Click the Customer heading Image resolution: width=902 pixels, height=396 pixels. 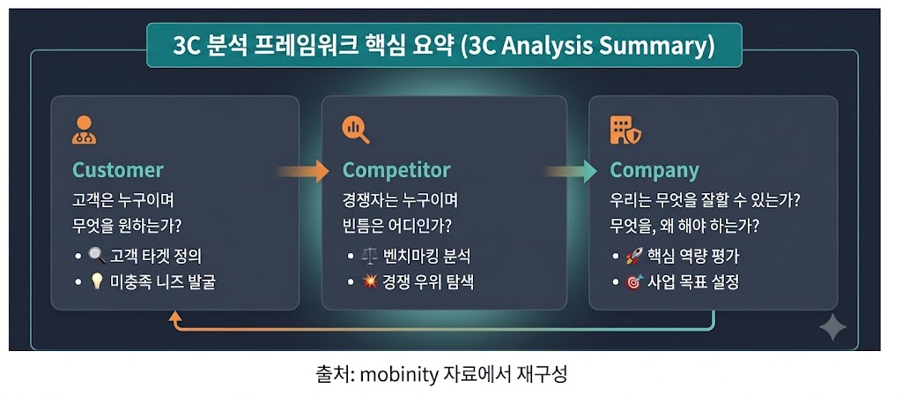(x=118, y=170)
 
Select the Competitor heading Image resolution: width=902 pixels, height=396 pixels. (x=396, y=170)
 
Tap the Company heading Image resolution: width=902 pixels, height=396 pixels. (x=654, y=171)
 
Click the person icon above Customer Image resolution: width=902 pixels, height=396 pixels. (x=84, y=130)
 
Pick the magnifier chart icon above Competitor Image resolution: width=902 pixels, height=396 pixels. (x=356, y=130)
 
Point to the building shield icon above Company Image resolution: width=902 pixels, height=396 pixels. (x=626, y=130)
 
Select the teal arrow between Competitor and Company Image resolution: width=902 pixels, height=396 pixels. (x=571, y=171)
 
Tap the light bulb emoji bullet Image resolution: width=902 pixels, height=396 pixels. (x=97, y=282)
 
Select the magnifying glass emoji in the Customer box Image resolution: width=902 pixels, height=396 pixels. (x=97, y=256)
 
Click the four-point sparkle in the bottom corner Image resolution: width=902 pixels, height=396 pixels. (x=832, y=328)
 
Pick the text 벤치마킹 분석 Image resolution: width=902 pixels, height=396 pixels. (x=426, y=256)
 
